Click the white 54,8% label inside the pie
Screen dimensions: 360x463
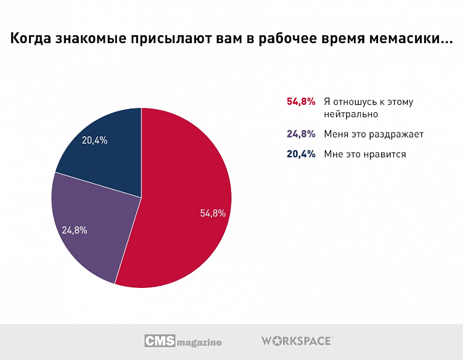pos(213,213)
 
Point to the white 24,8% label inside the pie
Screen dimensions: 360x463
pos(75,230)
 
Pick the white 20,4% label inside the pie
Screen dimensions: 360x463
pos(95,140)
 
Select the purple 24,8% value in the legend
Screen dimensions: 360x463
pos(301,134)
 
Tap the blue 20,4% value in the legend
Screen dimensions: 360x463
pos(301,154)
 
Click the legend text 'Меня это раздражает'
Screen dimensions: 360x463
pos(374,134)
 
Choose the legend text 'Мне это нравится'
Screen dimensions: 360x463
pos(365,154)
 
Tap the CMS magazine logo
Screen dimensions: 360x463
pos(183,341)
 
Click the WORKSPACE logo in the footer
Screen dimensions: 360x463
pos(297,340)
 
